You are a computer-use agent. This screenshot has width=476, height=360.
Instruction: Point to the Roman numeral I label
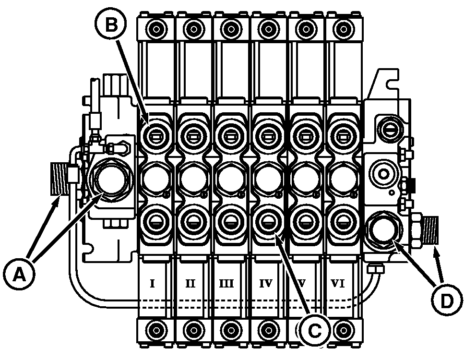click(152, 284)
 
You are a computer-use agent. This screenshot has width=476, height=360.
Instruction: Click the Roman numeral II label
click(190, 284)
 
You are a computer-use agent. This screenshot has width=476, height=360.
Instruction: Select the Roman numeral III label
click(228, 284)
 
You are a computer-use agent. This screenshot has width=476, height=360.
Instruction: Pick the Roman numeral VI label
click(338, 284)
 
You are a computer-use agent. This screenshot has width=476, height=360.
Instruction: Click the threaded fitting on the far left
click(58, 179)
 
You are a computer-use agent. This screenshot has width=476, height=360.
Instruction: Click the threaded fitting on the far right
click(431, 231)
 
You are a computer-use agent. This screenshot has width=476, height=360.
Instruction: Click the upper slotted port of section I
click(155, 135)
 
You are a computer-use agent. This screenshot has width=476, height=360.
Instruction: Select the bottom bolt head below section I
click(155, 330)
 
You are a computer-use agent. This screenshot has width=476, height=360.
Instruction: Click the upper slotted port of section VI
click(342, 135)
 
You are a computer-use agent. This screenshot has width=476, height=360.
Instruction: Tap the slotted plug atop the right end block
click(386, 126)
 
